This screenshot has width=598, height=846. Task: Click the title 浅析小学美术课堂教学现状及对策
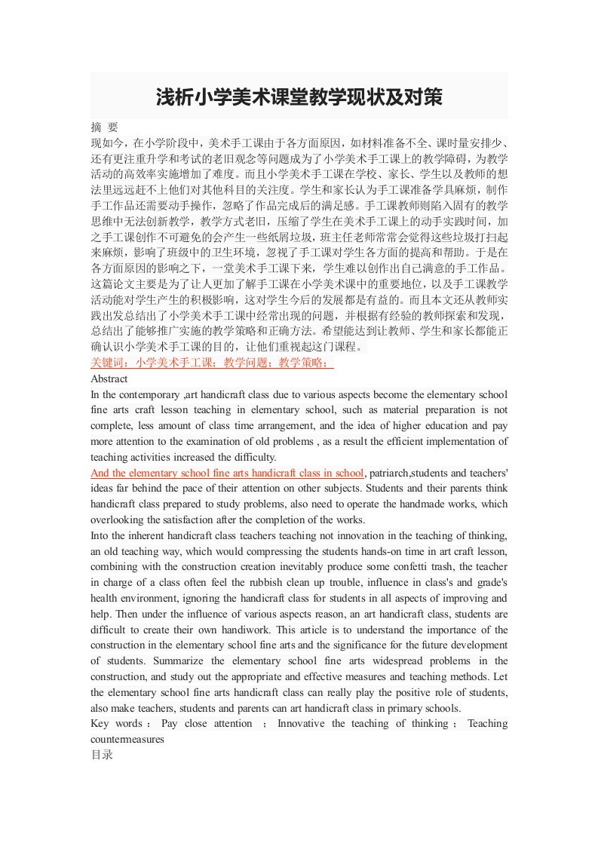pos(299,97)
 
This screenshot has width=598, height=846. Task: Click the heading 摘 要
pos(104,127)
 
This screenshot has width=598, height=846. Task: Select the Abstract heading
pos(109,379)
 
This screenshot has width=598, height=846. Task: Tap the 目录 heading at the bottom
pos(102,754)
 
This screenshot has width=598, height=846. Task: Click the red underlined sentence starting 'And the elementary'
pos(227,473)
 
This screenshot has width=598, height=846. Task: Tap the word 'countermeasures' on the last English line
pos(127,739)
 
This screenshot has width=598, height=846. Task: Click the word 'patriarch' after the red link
pos(390,473)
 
